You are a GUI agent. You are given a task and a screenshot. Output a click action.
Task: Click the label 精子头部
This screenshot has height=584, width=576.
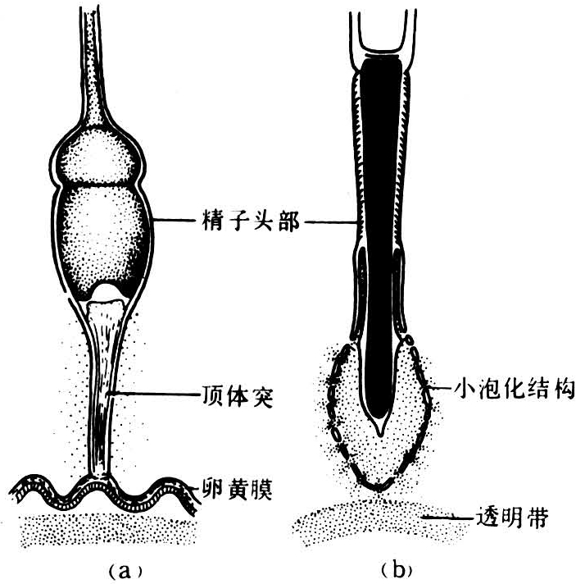pos(251,221)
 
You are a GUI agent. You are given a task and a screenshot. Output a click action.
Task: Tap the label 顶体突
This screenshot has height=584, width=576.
pos(238,396)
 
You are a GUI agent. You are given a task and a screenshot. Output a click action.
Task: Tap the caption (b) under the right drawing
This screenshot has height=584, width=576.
pos(397,569)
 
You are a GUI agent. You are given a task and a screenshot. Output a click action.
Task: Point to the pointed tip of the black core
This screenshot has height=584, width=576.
pos(380,434)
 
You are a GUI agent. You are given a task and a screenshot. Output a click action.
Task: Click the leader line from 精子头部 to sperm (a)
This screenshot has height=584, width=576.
pos(175,221)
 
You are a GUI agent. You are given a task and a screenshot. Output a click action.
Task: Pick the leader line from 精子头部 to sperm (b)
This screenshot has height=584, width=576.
pos(331,223)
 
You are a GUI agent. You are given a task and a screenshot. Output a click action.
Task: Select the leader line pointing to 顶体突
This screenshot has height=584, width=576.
pos(154,394)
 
